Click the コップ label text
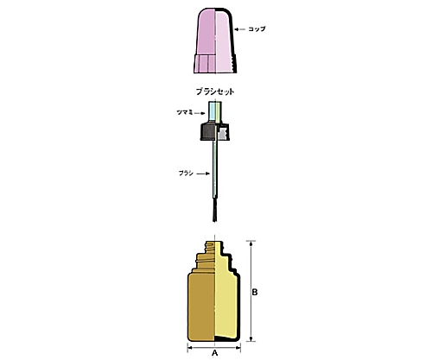click(257, 29)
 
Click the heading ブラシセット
click(215, 92)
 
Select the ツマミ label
click(184, 112)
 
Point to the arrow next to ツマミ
click(200, 113)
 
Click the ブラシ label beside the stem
click(186, 174)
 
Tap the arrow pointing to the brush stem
click(203, 174)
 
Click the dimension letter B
click(255, 293)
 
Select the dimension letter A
click(214, 353)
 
